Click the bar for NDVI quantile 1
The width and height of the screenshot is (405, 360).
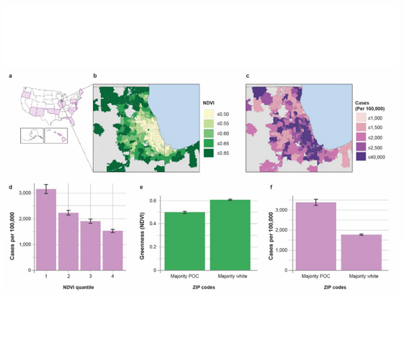coord(46,230)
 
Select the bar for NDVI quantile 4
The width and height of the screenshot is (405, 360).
coord(113,251)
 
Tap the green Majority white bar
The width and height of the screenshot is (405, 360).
coord(230,235)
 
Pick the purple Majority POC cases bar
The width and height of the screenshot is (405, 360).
coord(316,237)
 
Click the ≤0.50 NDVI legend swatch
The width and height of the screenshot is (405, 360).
coord(209,114)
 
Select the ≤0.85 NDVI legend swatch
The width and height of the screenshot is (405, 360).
coord(209,153)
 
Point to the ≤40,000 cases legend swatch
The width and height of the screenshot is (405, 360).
coord(361,157)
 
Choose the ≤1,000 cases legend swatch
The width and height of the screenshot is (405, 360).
coord(361,118)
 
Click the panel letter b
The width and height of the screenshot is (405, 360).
coord(95,76)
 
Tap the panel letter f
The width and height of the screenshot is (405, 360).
coord(271,187)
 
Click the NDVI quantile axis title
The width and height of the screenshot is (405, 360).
coord(79,287)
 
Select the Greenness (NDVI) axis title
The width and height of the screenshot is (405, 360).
coord(142,236)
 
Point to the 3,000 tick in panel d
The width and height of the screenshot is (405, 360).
coord(25,193)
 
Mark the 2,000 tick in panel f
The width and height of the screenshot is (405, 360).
coord(282,230)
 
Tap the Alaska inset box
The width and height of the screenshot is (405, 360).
coord(32,135)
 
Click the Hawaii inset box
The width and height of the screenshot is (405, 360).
coord(56,135)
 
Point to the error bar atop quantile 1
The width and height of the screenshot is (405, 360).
coord(46,189)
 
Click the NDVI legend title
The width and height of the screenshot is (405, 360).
coord(208,103)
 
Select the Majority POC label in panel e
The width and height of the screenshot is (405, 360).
coord(185,276)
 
